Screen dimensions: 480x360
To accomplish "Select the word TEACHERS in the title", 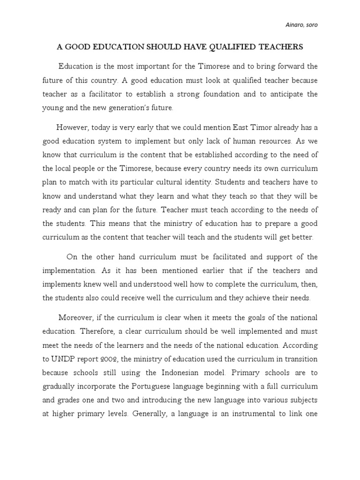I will [x=280, y=47].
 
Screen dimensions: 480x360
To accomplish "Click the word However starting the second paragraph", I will [x=72, y=127].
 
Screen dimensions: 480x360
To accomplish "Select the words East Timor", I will [x=252, y=127].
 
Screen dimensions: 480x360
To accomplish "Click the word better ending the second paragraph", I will [x=302, y=237].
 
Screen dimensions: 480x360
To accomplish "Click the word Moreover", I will [x=76, y=318].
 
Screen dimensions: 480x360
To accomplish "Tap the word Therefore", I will [x=97, y=331].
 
